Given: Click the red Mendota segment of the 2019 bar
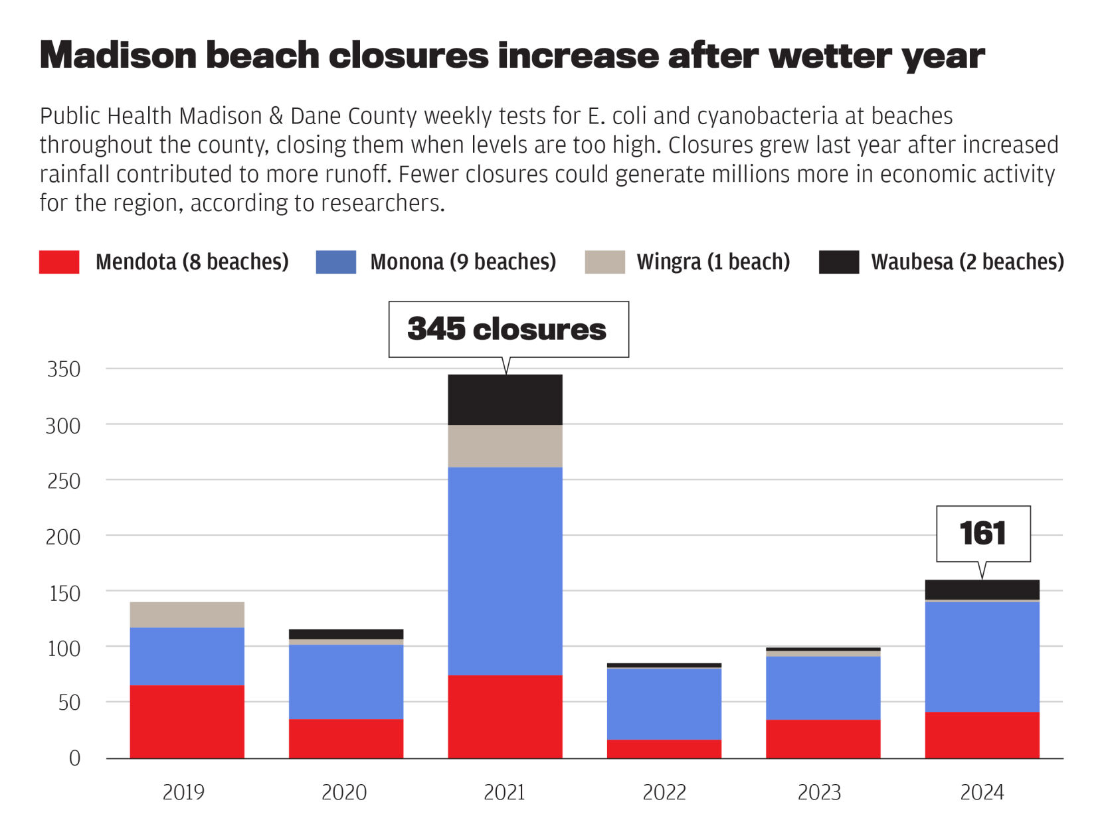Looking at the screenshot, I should [x=187, y=721].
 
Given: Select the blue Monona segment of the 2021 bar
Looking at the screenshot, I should [x=505, y=571].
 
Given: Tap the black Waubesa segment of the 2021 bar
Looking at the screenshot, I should [x=505, y=399].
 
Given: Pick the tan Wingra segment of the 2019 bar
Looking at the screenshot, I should [x=187, y=614].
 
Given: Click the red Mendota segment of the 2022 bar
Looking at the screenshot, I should [x=664, y=748].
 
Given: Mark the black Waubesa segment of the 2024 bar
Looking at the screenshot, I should [x=982, y=589].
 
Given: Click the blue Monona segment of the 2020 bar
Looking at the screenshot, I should [x=345, y=681].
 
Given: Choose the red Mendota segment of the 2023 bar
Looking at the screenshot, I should [x=822, y=738].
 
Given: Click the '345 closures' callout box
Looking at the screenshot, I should [x=508, y=329].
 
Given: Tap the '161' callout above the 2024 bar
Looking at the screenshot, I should [x=982, y=533].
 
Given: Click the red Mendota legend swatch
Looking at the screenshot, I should [x=59, y=262].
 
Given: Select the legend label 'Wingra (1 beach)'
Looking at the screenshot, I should [x=713, y=262].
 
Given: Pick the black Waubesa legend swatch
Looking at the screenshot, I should [x=838, y=262].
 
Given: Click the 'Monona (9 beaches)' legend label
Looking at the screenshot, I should [x=462, y=262].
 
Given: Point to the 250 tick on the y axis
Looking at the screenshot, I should [x=64, y=481].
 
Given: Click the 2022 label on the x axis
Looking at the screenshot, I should [x=664, y=792].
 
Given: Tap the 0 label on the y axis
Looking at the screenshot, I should [x=74, y=758].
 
